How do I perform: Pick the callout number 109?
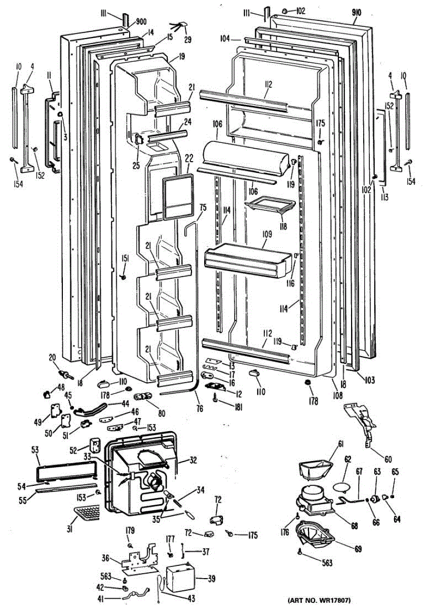[267, 235]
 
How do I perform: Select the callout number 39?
[212, 579]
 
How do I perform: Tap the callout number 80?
[161, 412]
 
